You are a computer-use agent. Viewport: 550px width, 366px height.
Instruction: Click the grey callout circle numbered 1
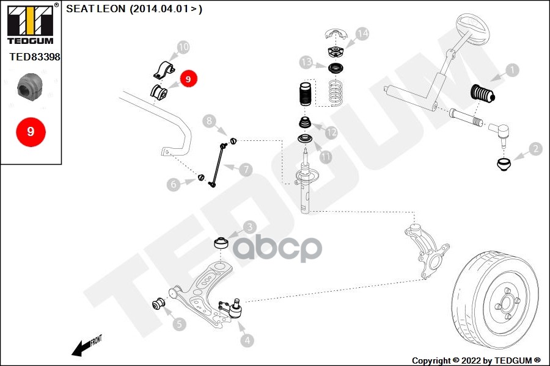(x=512, y=70)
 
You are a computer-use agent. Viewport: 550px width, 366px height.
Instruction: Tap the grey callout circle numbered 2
(x=535, y=148)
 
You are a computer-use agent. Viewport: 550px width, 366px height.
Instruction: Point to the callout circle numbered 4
(x=247, y=341)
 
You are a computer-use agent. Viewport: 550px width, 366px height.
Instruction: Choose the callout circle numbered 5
(x=178, y=324)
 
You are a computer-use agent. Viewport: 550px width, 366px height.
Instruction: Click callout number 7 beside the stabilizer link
(x=246, y=170)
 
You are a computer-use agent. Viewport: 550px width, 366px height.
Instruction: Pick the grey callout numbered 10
(x=183, y=47)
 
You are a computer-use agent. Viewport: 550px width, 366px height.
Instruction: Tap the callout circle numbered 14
(x=362, y=34)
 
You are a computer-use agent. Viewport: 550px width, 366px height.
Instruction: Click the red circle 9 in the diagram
(x=188, y=79)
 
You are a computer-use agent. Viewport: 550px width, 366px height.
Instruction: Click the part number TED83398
(x=34, y=57)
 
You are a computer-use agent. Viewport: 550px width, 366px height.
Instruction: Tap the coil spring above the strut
(x=335, y=91)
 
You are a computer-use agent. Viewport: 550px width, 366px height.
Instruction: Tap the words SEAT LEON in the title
(x=93, y=9)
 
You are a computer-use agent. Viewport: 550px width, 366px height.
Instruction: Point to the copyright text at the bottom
(x=476, y=361)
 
